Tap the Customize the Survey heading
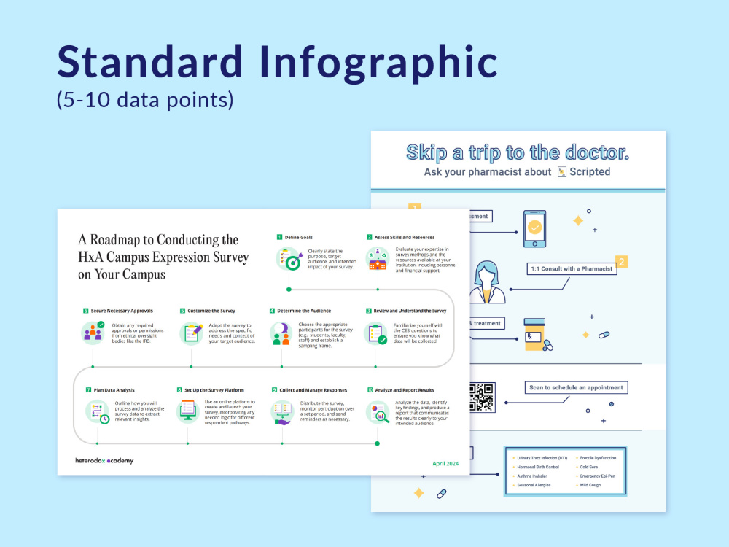point(211,311)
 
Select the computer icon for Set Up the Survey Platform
point(188,412)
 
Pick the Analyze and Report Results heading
point(404,390)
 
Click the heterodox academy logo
point(104,461)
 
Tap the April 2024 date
point(445,463)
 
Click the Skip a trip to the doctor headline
point(518,152)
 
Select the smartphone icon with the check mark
point(535,228)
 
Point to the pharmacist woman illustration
point(486,282)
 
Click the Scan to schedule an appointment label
point(576,388)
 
